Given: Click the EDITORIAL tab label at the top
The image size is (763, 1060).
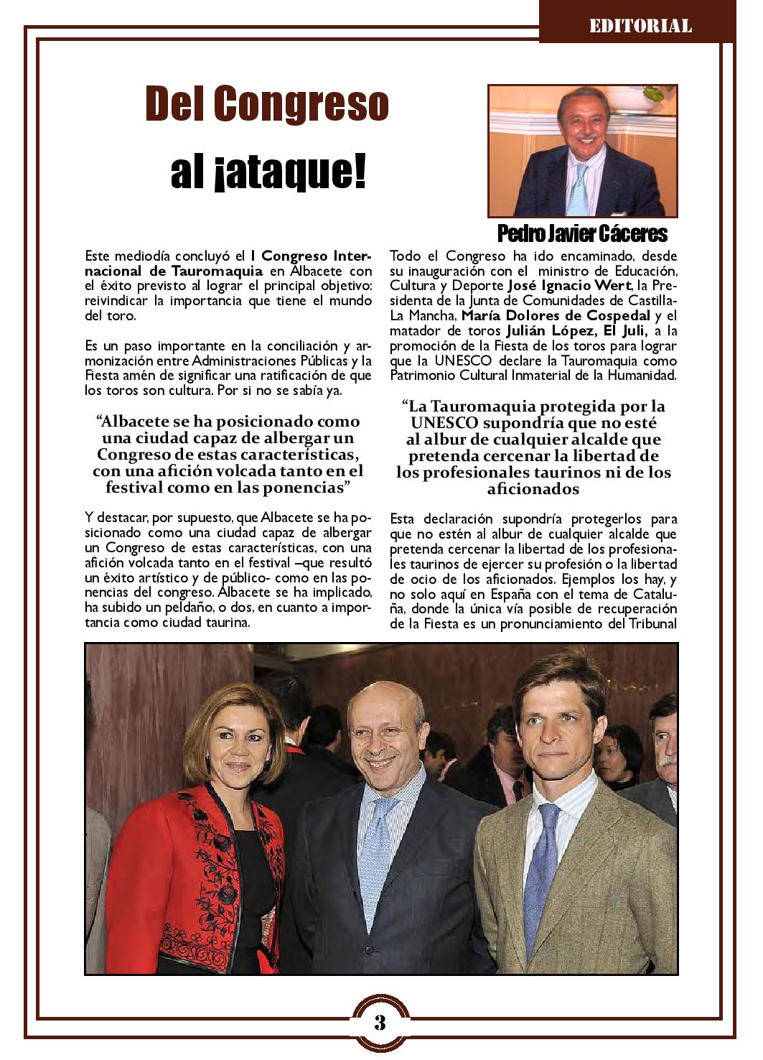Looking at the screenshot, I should pos(640,27).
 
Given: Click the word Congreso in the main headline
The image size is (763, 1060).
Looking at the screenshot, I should pos(301,104).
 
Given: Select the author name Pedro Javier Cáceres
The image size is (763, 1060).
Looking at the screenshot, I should pos(582,233).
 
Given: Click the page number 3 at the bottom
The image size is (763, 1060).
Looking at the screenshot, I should pos(380,1023).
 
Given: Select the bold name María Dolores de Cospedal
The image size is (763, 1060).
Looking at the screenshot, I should pos(556,315).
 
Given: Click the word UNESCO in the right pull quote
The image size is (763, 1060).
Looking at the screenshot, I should pos(444,423).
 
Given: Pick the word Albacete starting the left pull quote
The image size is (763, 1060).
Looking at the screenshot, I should pos(138,422).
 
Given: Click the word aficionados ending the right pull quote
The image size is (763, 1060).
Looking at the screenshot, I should pos(533,489).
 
